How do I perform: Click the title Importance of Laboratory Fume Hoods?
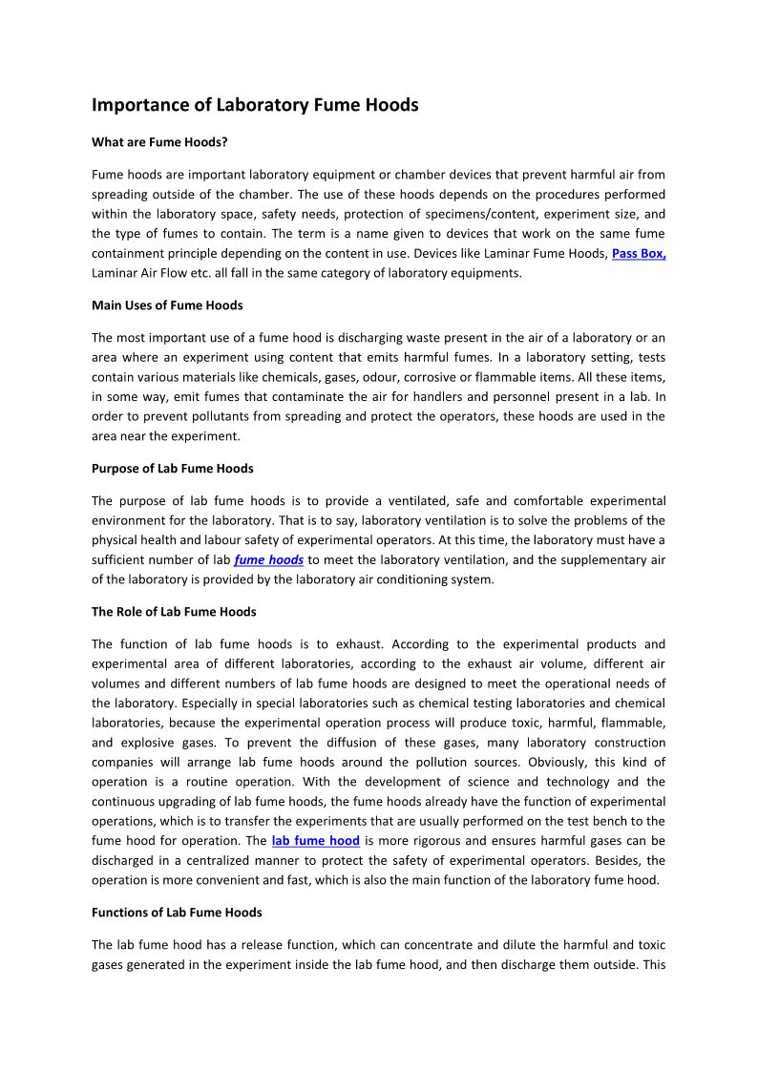tap(255, 105)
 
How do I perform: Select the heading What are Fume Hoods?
tap(159, 142)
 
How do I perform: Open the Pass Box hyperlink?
tap(639, 254)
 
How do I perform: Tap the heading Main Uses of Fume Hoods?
tap(167, 305)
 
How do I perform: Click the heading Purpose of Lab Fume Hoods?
tap(172, 469)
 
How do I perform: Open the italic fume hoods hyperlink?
tap(269, 560)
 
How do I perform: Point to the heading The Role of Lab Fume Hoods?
tap(174, 612)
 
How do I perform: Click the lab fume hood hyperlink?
tap(316, 841)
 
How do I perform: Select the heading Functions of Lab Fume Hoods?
tap(177, 913)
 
